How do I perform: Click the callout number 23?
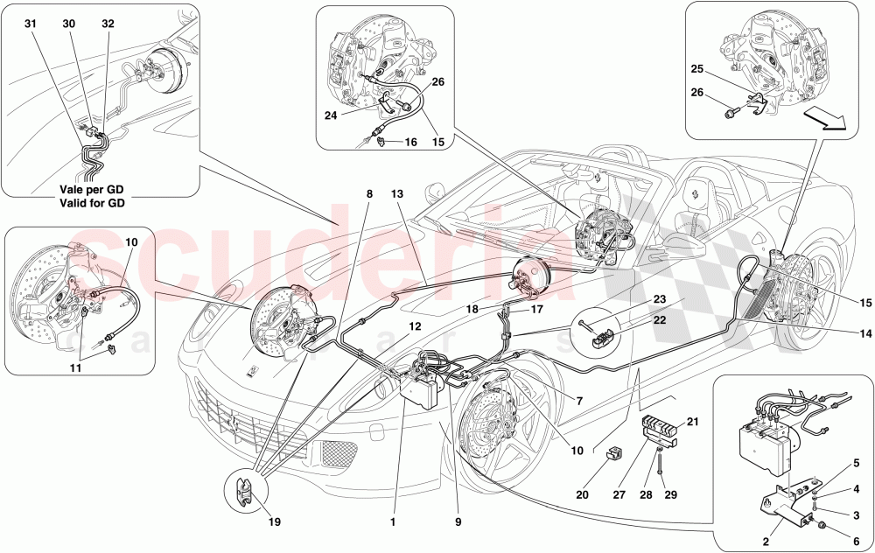coord(658,298)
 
